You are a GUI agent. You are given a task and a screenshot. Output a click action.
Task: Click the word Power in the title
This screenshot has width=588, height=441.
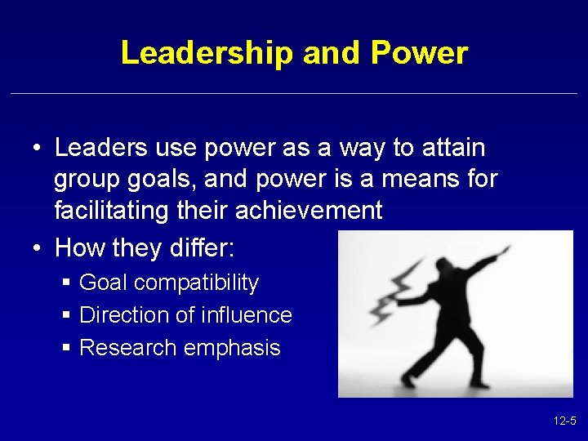[x=419, y=53]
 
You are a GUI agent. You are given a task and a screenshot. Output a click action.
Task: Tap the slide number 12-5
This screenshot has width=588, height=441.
[x=564, y=421]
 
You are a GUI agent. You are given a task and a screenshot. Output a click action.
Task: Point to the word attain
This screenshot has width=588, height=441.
[x=452, y=148]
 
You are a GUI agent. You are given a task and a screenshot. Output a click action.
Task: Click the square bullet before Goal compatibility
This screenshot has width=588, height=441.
[x=66, y=283]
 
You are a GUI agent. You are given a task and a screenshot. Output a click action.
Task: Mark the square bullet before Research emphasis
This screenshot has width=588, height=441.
[x=66, y=347]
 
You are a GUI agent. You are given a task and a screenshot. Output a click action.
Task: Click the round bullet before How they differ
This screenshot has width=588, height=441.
[x=38, y=244]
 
